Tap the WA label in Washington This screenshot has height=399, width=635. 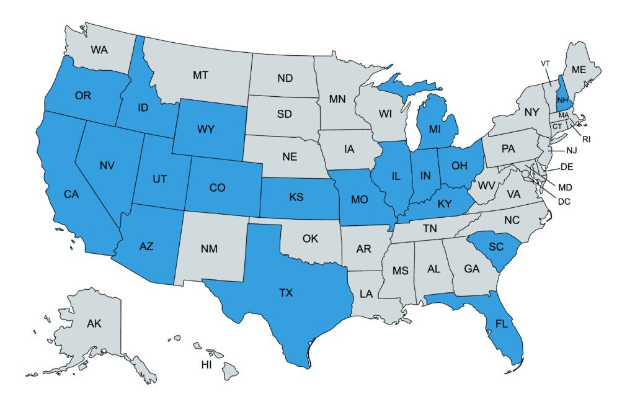(x=99, y=49)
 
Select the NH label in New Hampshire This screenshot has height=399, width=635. (x=562, y=100)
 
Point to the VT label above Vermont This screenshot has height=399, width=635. (x=546, y=64)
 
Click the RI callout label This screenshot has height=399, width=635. (x=586, y=140)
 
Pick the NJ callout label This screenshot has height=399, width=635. (x=572, y=151)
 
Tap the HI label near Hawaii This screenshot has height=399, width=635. (x=206, y=364)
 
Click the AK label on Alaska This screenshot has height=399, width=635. (x=94, y=323)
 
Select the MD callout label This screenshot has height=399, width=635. (x=565, y=187)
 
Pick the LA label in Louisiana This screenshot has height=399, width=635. (x=367, y=292)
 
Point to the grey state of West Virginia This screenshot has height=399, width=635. (x=486, y=186)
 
